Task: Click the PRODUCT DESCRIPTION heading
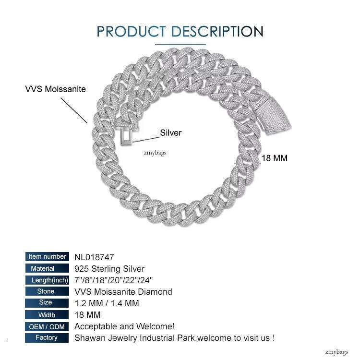click(180, 31)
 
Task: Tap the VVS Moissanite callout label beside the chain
click(56, 89)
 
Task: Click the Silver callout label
click(171, 132)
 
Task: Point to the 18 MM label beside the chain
click(274, 158)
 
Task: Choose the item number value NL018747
click(94, 257)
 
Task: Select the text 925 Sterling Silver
click(109, 268)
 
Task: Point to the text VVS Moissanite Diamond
click(123, 291)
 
